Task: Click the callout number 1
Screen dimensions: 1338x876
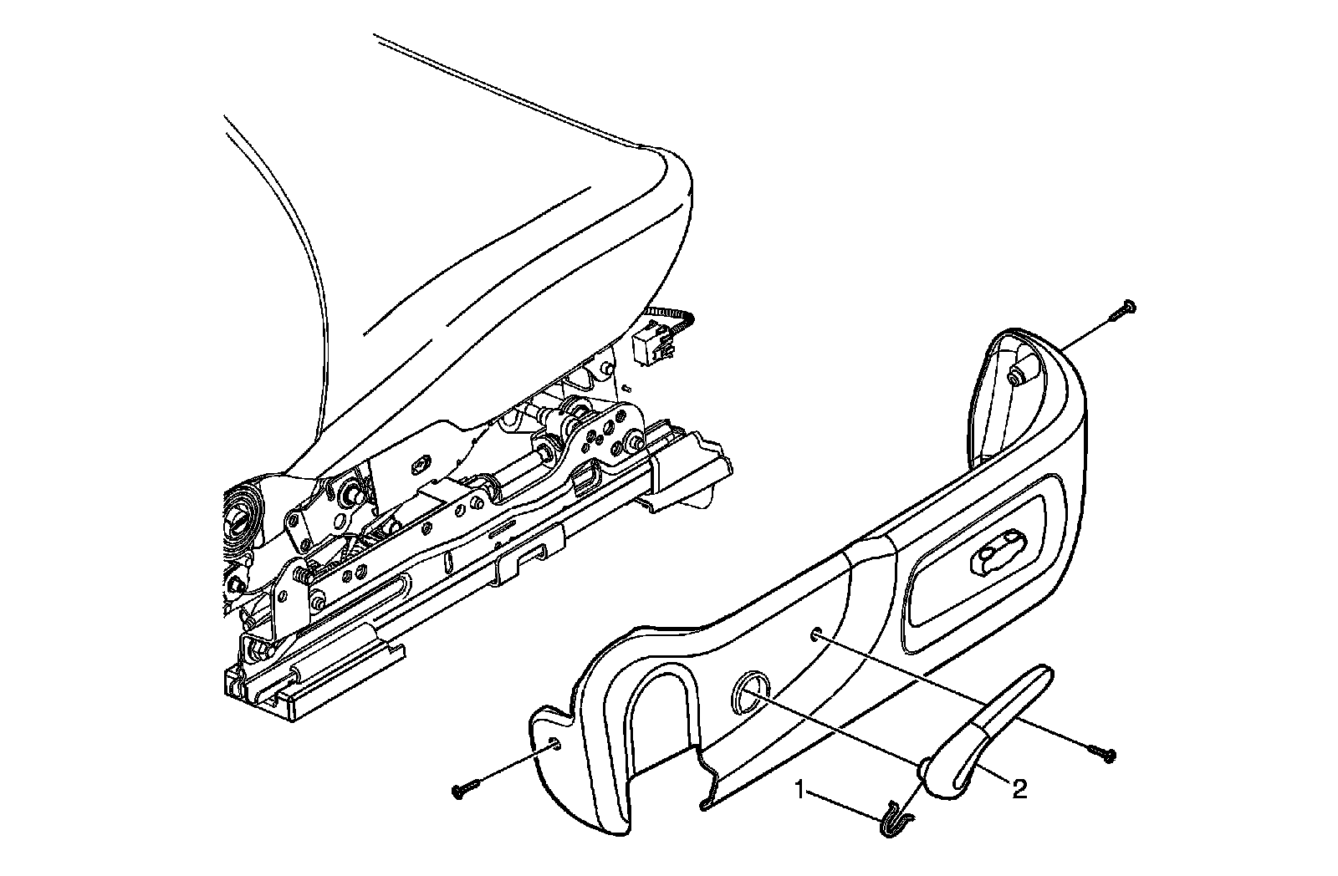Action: pyautogui.click(x=800, y=789)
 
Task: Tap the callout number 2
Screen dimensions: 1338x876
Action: pyautogui.click(x=1019, y=788)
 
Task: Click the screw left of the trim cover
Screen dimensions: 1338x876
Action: pyautogui.click(x=464, y=787)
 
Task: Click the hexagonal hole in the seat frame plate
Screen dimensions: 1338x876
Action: pyautogui.click(x=421, y=462)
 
